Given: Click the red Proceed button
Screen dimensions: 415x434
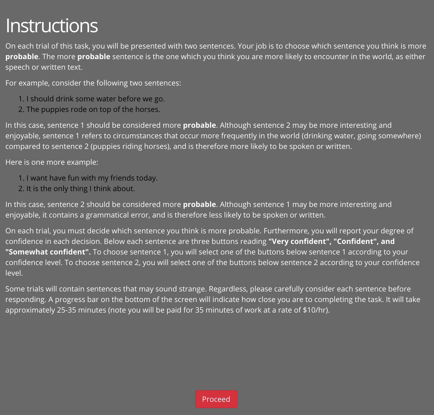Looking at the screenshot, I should (216, 399).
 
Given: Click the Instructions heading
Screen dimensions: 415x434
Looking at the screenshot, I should (52, 26).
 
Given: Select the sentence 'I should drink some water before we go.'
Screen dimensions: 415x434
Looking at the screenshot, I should (95, 99).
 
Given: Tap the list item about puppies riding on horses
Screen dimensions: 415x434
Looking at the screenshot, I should (93, 109).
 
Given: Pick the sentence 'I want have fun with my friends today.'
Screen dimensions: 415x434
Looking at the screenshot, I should (92, 178).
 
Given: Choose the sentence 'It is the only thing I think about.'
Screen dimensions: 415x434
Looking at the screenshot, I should (80, 188).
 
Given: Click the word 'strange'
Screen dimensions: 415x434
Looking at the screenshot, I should (192, 289).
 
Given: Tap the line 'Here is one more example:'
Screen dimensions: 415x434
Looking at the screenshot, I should (52, 162).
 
